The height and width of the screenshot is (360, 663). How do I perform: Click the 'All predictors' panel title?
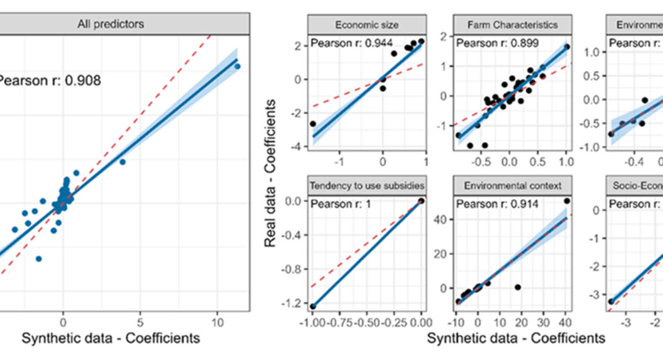point(111,24)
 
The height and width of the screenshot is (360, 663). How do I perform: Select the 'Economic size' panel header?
point(366,25)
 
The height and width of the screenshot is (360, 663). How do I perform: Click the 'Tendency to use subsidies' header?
point(366,185)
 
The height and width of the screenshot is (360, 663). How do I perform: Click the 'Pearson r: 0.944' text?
point(346,43)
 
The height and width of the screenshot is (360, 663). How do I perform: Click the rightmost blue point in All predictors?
point(237,66)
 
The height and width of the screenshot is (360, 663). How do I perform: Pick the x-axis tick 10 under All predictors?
point(218,323)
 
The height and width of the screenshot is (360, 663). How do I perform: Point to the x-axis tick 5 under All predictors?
point(140,323)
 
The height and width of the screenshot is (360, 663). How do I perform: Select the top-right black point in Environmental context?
point(567,201)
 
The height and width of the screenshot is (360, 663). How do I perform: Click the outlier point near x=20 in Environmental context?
point(518,287)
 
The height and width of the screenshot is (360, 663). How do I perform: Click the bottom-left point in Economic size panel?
point(313,124)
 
